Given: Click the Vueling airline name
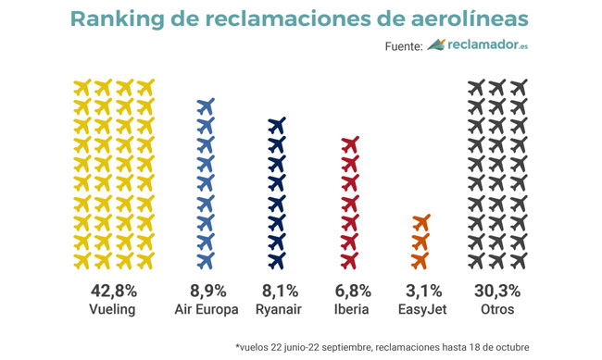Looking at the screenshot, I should (112, 309).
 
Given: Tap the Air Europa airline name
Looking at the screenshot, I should (206, 309).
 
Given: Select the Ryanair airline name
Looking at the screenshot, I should (277, 309).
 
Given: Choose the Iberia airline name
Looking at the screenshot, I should (350, 309).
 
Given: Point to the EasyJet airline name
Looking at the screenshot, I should (420, 309).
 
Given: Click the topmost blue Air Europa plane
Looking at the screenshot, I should (206, 106).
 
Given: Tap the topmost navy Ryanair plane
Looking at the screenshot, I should (277, 125).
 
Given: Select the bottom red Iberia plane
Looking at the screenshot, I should (350, 260).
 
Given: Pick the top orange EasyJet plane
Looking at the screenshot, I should (420, 222).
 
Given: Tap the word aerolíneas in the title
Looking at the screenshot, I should (453, 19).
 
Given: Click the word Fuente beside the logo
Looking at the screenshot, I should (402, 46).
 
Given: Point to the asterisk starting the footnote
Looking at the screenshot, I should (238, 345).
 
